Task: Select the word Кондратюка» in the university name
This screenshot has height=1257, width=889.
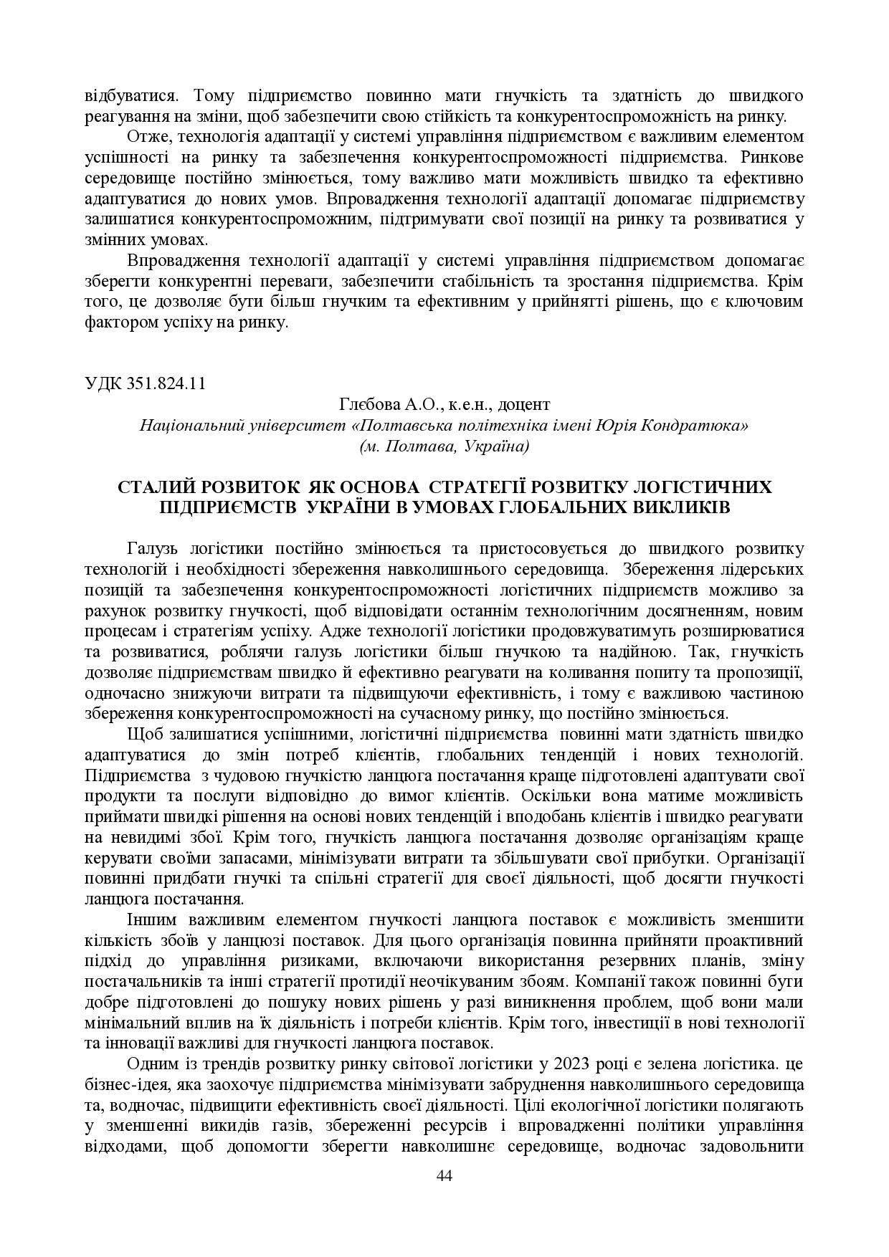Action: [706, 426]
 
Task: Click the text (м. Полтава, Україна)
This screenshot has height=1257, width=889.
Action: [444, 446]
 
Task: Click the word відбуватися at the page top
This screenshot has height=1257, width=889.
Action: [130, 95]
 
